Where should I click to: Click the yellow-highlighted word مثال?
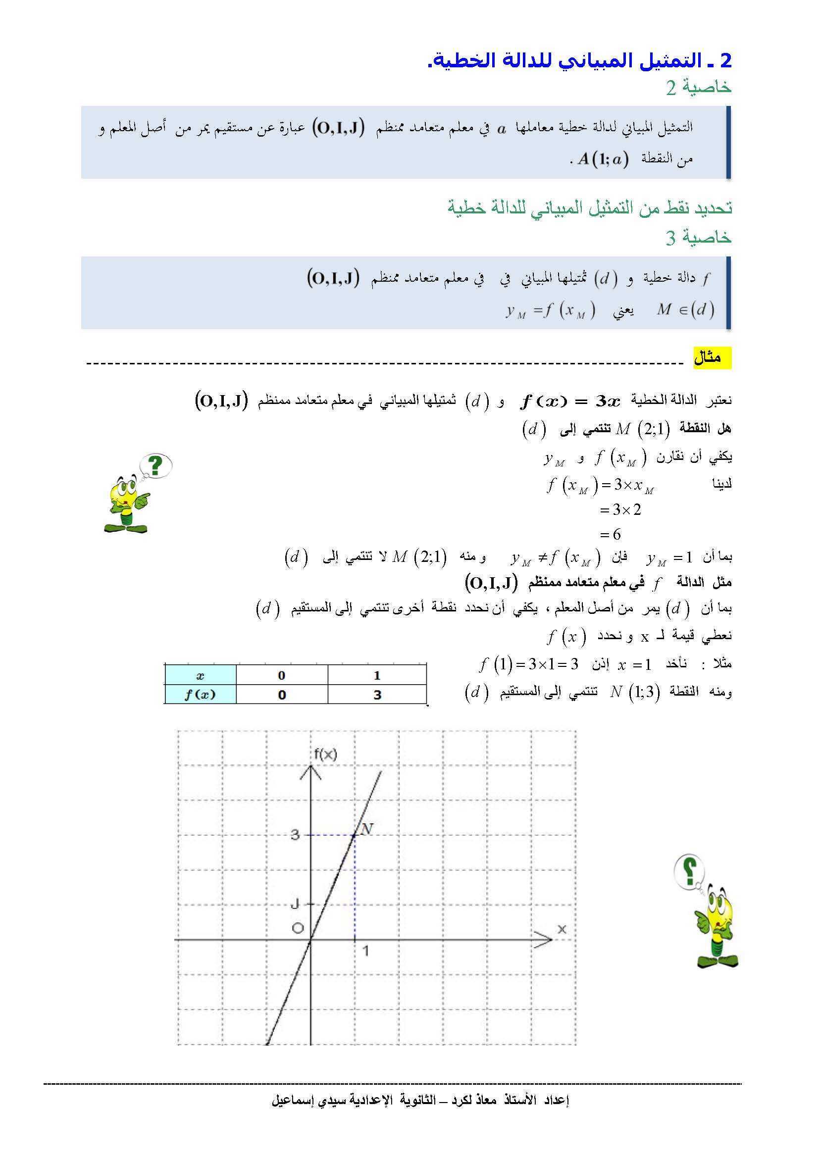click(x=712, y=357)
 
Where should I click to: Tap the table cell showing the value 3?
click(x=377, y=695)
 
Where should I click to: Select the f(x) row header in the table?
click(x=200, y=695)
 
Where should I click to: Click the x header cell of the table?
click(x=200, y=675)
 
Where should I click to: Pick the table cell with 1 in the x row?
click(x=377, y=675)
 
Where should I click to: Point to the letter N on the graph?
click(x=367, y=829)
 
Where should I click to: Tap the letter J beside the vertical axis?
click(x=296, y=904)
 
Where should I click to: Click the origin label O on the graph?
click(x=298, y=928)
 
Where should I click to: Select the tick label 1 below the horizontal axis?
click(x=365, y=951)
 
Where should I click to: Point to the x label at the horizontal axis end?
click(x=562, y=929)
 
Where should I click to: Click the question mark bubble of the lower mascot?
click(x=689, y=869)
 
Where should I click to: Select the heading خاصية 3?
click(x=699, y=237)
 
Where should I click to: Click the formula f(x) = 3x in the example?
click(x=570, y=401)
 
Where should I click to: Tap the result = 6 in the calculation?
click(x=611, y=534)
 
